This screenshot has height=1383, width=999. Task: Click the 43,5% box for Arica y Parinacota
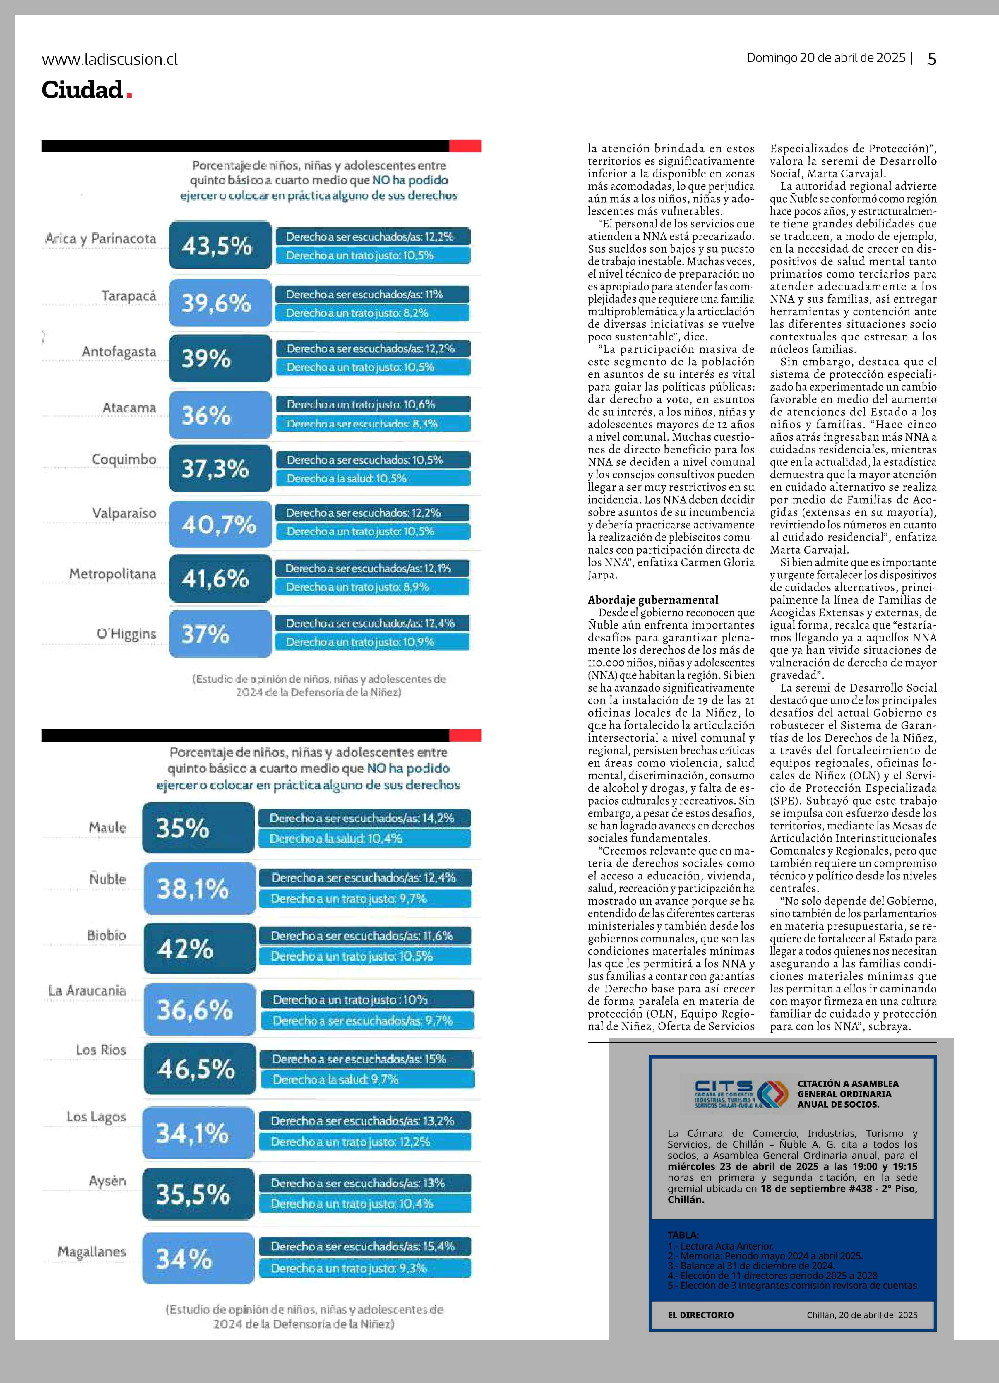[220, 244]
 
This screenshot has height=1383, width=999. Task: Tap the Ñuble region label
[108, 879]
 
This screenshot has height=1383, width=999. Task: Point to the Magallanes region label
[92, 1252]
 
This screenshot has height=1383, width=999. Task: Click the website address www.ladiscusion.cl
[110, 59]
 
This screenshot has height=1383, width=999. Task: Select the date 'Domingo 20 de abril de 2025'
[826, 58]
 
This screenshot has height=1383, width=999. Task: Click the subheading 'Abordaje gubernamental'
[653, 599]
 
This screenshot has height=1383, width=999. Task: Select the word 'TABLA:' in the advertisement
[683, 1235]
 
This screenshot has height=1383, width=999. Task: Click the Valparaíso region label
[124, 513]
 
